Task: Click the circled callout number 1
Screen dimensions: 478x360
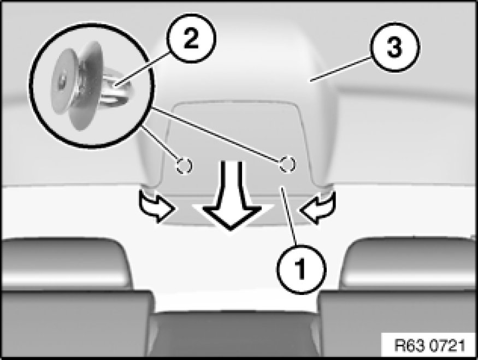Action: coord(301,269)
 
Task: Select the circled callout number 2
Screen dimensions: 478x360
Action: coord(191,38)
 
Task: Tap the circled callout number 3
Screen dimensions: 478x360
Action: coord(394,47)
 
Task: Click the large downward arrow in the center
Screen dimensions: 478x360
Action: coord(231,195)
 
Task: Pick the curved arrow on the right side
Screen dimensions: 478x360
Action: coord(318,207)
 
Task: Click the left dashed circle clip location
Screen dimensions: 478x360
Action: coord(184,166)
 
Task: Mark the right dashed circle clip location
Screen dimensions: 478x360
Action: coord(287,164)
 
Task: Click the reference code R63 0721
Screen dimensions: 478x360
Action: coord(429,345)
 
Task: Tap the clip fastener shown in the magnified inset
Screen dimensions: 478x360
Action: coord(91,86)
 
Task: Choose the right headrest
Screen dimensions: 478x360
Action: coord(410,264)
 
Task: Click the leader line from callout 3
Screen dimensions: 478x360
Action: coord(341,69)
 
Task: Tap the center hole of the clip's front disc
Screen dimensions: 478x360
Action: coord(62,80)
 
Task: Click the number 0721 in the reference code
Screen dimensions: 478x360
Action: coord(447,345)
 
